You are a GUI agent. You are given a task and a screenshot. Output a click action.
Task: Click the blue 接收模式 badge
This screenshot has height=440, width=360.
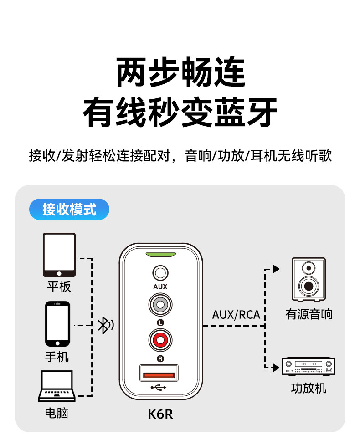tap(69, 210)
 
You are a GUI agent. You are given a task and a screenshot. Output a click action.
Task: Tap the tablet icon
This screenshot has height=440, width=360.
tap(59, 255)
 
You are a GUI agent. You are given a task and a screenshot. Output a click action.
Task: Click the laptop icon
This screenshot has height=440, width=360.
tap(57, 386)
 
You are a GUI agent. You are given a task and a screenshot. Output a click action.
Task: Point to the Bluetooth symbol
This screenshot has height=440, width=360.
tap(106, 325)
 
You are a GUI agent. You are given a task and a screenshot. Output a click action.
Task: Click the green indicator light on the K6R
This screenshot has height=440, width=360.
tap(160, 255)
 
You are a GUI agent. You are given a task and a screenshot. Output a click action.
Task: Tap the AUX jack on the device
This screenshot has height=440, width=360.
tap(160, 273)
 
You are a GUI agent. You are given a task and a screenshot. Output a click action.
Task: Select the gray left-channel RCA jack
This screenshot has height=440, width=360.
tap(160, 304)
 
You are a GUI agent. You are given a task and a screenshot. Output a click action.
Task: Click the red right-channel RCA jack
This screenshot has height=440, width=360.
tap(160, 340)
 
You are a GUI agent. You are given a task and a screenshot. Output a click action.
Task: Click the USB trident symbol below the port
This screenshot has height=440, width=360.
tap(159, 388)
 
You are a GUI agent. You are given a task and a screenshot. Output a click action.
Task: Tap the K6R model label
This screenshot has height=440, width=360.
tap(160, 414)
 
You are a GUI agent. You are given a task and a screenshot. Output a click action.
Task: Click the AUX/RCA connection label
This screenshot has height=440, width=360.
tap(236, 315)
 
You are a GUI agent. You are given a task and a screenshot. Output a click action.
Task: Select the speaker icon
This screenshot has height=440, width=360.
tap(309, 280)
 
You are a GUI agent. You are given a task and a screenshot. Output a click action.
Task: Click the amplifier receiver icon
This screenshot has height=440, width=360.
tap(309, 367)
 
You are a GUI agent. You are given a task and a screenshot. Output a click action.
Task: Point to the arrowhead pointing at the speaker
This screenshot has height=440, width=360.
tap(276, 269)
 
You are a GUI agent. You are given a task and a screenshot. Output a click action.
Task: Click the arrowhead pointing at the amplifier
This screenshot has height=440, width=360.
tap(276, 368)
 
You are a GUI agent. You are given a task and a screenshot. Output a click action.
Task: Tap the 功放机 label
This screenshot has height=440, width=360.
tap(309, 389)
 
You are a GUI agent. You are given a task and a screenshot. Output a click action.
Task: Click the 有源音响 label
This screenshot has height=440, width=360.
tap(309, 314)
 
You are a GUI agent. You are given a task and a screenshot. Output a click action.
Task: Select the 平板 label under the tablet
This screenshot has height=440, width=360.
tap(59, 287)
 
